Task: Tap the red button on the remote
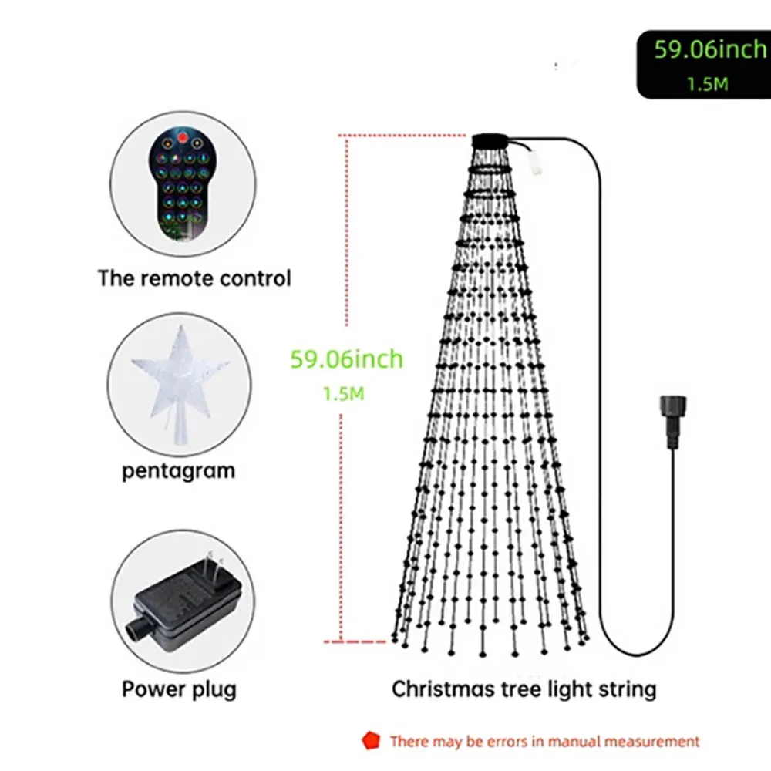tap(183, 138)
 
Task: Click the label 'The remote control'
tap(194, 278)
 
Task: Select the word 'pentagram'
tap(179, 471)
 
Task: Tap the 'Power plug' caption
tap(179, 689)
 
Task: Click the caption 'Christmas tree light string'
tap(524, 689)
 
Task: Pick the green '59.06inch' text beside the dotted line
tap(347, 359)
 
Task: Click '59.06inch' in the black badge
tap(710, 49)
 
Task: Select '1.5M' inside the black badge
tap(708, 84)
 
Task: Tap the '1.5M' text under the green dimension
tap(344, 394)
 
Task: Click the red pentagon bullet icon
tap(371, 740)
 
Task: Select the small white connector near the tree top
tap(535, 162)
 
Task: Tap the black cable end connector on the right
tap(672, 421)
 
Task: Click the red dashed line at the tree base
tap(355, 641)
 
